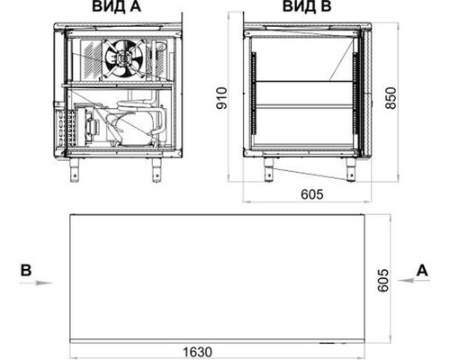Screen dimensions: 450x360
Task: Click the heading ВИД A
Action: (x=116, y=6)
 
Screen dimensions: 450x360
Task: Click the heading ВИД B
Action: (x=307, y=6)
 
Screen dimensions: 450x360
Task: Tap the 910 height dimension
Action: (x=222, y=98)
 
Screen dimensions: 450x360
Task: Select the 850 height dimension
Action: (x=391, y=98)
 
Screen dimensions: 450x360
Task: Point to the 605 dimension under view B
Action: (x=312, y=194)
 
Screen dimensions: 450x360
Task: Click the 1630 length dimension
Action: (x=197, y=352)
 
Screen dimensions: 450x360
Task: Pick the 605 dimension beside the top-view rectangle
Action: (x=383, y=281)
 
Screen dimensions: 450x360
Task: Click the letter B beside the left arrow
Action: (x=26, y=270)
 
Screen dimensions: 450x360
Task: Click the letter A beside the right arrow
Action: (x=422, y=270)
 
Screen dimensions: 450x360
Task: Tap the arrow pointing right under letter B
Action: (x=35, y=283)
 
